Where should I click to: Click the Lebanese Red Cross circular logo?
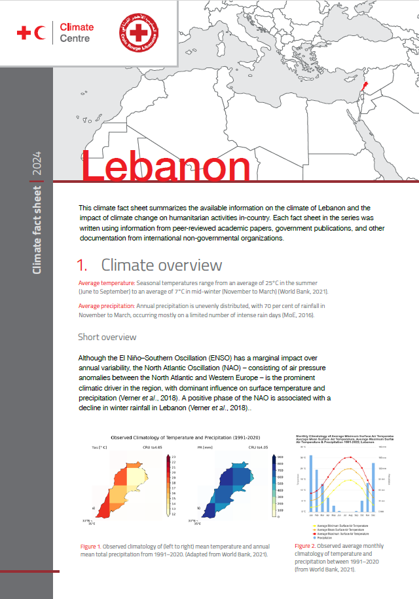click(138, 33)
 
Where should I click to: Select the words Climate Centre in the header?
click(77, 33)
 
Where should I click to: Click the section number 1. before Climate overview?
click(82, 265)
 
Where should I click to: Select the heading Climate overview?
click(161, 265)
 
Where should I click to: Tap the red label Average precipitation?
click(108, 306)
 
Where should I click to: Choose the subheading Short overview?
click(107, 337)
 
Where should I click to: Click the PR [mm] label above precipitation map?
click(205, 448)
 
